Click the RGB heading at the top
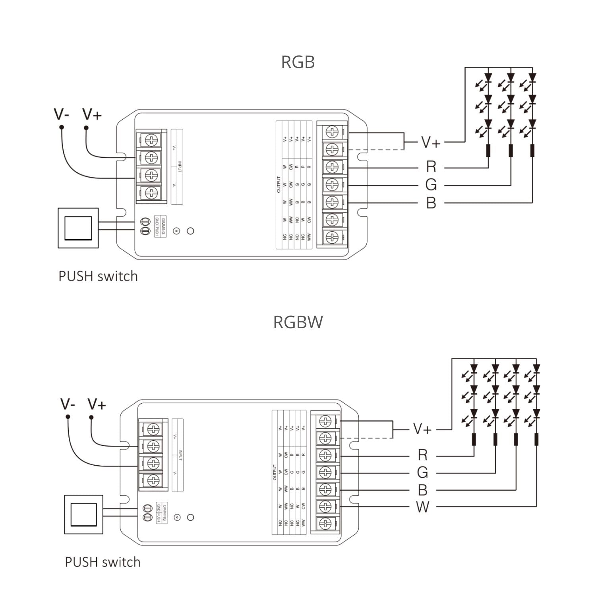[298, 62]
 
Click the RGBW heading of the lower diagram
[298, 322]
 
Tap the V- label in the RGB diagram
[62, 114]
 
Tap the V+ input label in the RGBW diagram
[97, 404]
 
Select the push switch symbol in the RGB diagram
[78, 228]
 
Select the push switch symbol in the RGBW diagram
[83, 515]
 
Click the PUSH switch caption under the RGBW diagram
[103, 562]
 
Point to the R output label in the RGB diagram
[431, 166]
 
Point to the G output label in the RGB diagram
[431, 185]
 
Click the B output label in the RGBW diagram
[422, 490]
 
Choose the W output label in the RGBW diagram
[422, 507]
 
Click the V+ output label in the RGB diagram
[431, 142]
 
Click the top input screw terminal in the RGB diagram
[151, 139]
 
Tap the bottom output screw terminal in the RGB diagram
[332, 237]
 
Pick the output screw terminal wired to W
[325, 506]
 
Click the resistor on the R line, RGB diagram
[488, 151]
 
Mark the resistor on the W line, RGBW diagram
[536, 439]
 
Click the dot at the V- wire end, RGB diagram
[62, 127]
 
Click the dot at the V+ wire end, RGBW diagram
[91, 417]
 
